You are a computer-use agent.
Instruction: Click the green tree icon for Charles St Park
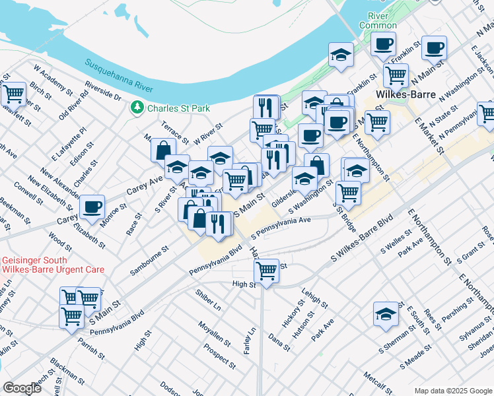[x=137, y=108]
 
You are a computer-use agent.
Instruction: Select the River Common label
[x=378, y=20]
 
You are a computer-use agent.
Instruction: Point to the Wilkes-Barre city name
[x=404, y=94]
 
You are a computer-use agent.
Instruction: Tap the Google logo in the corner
[x=22, y=387]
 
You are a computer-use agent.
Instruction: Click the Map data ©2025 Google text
[x=452, y=391]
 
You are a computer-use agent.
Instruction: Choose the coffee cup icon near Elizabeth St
[x=92, y=207]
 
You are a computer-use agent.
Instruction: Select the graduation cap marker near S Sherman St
[x=386, y=314]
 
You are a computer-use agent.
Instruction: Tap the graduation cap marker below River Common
[x=341, y=55]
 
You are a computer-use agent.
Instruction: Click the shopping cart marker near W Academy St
[x=13, y=94]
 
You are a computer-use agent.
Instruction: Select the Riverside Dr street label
[x=104, y=91]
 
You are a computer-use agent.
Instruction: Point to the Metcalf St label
[x=378, y=385]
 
